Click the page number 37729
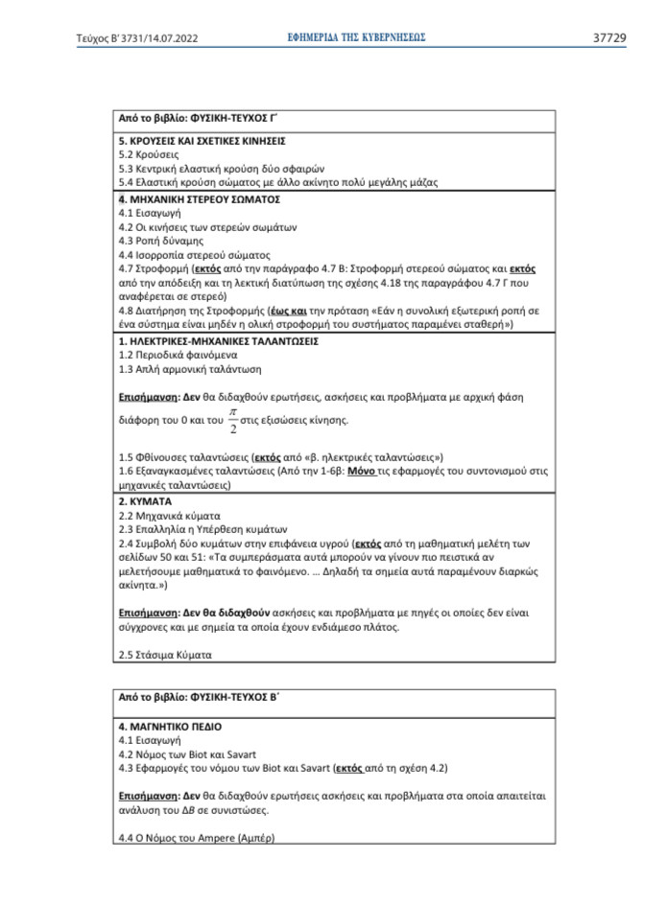click(608, 38)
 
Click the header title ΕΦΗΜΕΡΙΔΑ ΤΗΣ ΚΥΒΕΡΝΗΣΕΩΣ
click(356, 37)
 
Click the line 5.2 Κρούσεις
click(148, 153)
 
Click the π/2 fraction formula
click(231, 419)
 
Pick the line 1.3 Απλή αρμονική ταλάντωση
click(189, 369)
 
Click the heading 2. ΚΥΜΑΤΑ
click(145, 501)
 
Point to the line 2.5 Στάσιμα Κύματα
click(164, 655)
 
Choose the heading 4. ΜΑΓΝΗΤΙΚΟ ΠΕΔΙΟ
click(170, 727)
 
